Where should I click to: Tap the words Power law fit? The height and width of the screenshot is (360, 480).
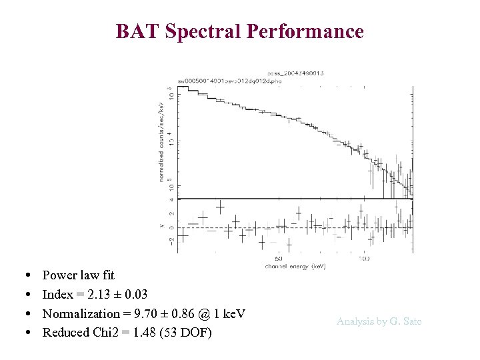(x=78, y=275)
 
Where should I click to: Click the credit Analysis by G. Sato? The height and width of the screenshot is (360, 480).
(x=379, y=321)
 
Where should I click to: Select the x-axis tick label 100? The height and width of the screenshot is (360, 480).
(x=364, y=258)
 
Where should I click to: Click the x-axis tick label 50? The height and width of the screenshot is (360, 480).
(x=279, y=258)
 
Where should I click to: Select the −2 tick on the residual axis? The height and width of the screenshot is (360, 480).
(x=172, y=241)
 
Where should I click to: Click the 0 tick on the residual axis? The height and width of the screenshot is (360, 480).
(x=172, y=227)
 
